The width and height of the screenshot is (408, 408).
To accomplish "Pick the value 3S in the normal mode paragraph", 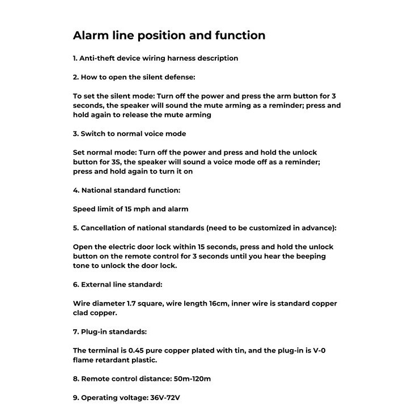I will [x=107, y=162].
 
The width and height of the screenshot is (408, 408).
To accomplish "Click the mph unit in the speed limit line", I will [x=146, y=209].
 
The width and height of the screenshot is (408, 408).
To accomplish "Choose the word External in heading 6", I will [x=98, y=284].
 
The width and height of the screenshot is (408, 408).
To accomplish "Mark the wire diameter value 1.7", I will [x=128, y=304].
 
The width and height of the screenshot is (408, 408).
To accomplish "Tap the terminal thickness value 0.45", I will [x=138, y=351].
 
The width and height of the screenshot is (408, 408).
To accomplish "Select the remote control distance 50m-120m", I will [x=191, y=379].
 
